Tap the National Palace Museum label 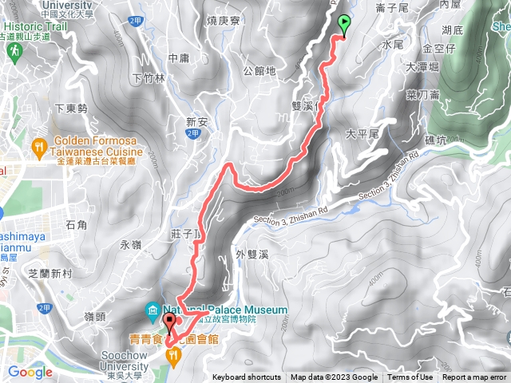click(x=225, y=310)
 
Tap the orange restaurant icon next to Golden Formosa click(x=38, y=147)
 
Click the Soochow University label click(x=125, y=361)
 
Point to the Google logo click(x=30, y=371)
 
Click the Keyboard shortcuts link click(x=246, y=377)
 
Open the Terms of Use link click(x=410, y=377)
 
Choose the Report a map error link click(x=475, y=377)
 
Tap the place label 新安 click(x=196, y=122)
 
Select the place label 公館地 click(x=259, y=70)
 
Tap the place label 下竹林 click(x=149, y=78)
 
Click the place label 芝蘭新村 click(x=50, y=273)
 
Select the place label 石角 click(x=77, y=224)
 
